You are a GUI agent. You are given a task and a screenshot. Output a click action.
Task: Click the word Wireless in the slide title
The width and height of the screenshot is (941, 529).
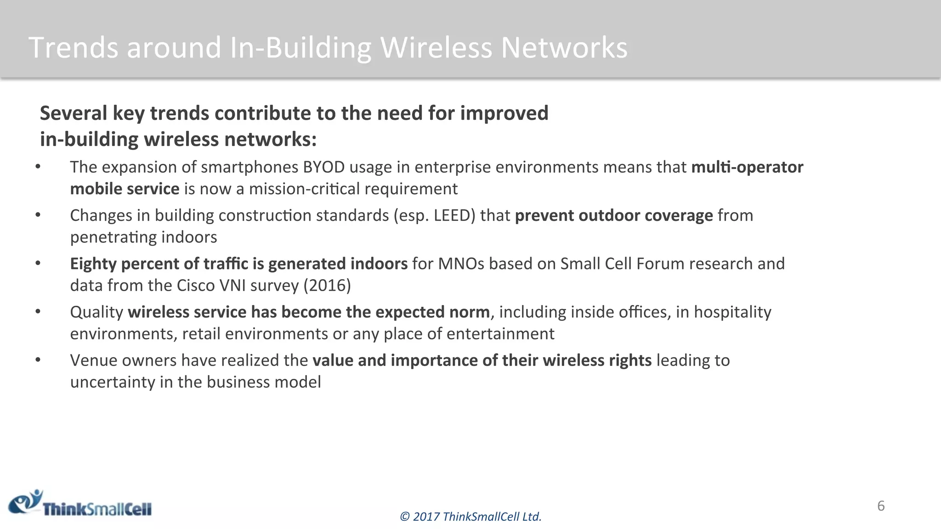click(436, 48)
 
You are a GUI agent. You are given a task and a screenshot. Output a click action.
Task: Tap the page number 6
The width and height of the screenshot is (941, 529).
click(881, 506)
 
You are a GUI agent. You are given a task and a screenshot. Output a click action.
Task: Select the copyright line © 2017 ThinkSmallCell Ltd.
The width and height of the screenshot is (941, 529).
click(470, 517)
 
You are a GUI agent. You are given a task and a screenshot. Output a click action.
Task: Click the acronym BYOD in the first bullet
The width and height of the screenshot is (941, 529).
click(323, 167)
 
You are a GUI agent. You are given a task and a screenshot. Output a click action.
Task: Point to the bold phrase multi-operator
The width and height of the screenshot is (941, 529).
click(747, 167)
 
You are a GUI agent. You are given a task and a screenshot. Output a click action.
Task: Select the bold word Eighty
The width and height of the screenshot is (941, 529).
click(93, 264)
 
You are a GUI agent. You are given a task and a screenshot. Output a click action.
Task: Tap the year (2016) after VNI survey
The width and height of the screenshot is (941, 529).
click(327, 286)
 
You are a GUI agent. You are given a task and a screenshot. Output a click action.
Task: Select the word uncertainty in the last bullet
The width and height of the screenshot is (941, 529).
click(113, 382)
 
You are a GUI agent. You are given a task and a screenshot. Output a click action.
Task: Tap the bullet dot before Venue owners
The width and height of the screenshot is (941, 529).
click(38, 360)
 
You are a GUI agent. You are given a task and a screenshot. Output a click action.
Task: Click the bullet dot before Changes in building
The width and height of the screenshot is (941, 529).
click(38, 215)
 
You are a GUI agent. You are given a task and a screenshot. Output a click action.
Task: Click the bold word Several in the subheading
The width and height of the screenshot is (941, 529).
click(74, 113)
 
